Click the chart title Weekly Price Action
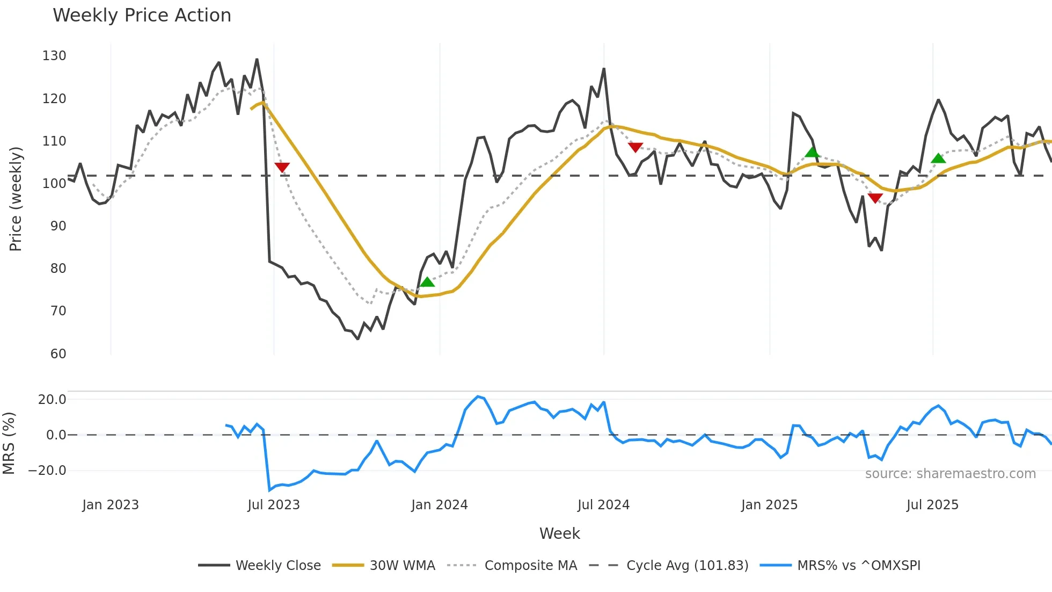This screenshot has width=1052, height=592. pos(142,16)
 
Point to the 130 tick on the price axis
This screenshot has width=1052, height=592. pos(54,56)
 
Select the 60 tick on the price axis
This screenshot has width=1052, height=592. pos(58,353)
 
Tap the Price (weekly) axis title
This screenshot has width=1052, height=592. pos(16,199)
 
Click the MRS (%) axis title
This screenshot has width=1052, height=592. pos(9,443)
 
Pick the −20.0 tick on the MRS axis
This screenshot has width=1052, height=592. pos(47,471)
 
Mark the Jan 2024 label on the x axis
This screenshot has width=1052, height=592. pos(439,505)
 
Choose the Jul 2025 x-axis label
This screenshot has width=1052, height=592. pos(932,505)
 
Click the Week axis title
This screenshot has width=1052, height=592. pos(559,533)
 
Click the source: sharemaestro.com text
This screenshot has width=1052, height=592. pos(950,474)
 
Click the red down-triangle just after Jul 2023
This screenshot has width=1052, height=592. pos(282,167)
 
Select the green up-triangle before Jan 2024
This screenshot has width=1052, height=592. pos(427,282)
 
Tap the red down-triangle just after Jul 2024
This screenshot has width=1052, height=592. pos(635,147)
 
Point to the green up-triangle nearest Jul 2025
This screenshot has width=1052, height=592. pos(938,158)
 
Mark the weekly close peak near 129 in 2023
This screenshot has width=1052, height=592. pos(257,60)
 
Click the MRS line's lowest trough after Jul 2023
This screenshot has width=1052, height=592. pos(269,490)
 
